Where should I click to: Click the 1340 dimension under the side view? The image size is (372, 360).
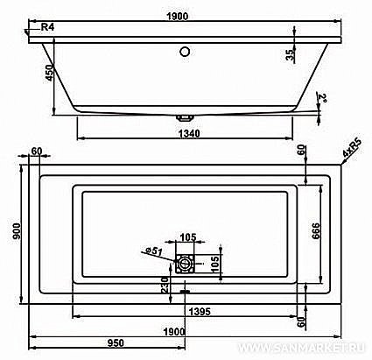(x=186, y=133)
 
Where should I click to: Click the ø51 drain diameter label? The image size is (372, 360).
(x=155, y=252)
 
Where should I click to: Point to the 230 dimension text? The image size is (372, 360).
(x=164, y=286)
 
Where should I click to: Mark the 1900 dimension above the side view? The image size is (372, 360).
(x=186, y=16)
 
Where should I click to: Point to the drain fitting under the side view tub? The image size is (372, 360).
(x=185, y=115)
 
